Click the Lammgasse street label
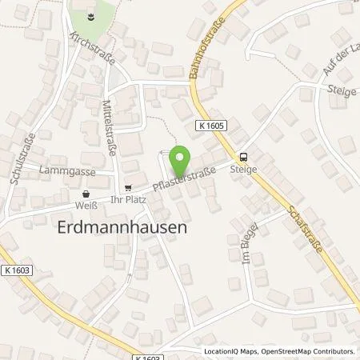(x=70, y=171)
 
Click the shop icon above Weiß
(x=86, y=193)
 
